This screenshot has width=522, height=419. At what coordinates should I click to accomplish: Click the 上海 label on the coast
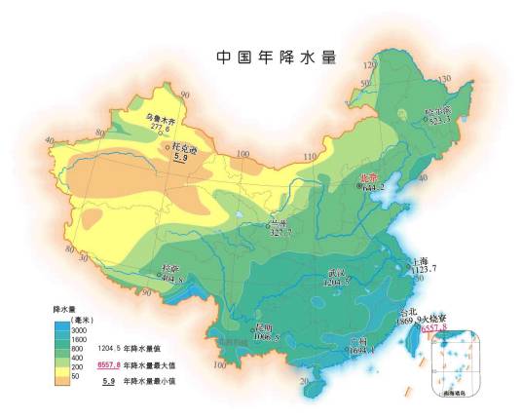pyautogui.click(x=420, y=261)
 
